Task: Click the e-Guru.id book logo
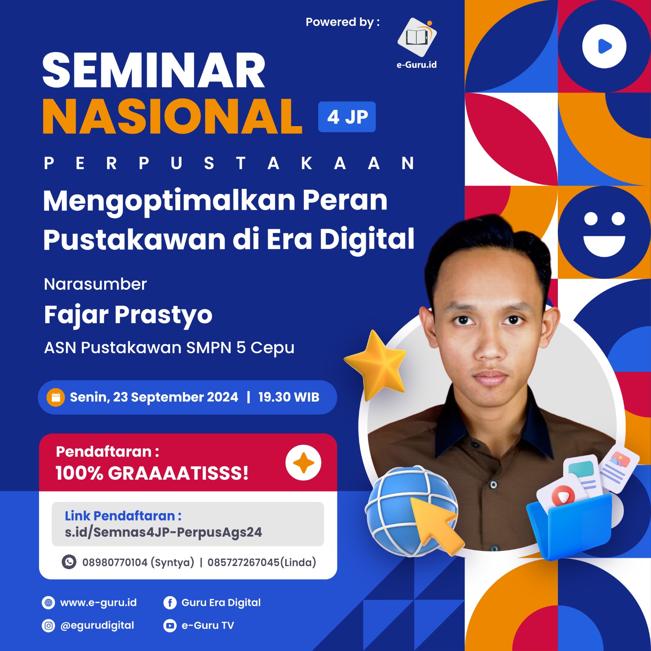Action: click(417, 37)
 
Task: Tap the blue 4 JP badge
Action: click(347, 117)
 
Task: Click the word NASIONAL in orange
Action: click(173, 116)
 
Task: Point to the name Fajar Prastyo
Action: click(128, 315)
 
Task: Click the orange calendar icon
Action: click(56, 398)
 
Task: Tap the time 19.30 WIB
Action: click(288, 397)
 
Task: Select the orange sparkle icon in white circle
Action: click(303, 463)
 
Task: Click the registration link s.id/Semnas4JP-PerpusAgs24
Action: click(163, 532)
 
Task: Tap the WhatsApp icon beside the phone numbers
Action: click(69, 562)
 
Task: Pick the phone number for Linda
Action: click(261, 562)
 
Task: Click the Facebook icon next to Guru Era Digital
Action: click(170, 603)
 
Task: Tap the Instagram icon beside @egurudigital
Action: click(48, 625)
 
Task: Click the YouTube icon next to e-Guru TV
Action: click(170, 625)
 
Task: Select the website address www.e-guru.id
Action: click(98, 603)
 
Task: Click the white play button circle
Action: click(604, 46)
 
